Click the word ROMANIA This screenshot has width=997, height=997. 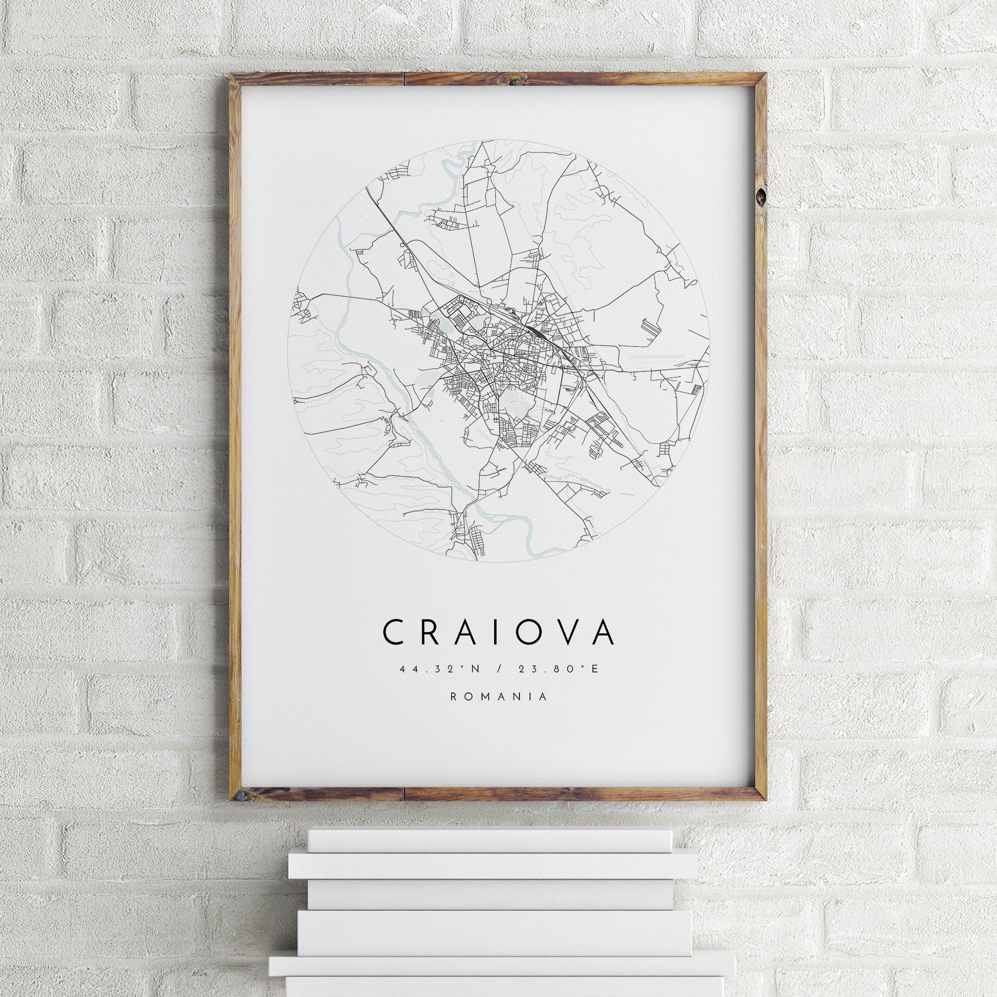[x=498, y=697]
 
